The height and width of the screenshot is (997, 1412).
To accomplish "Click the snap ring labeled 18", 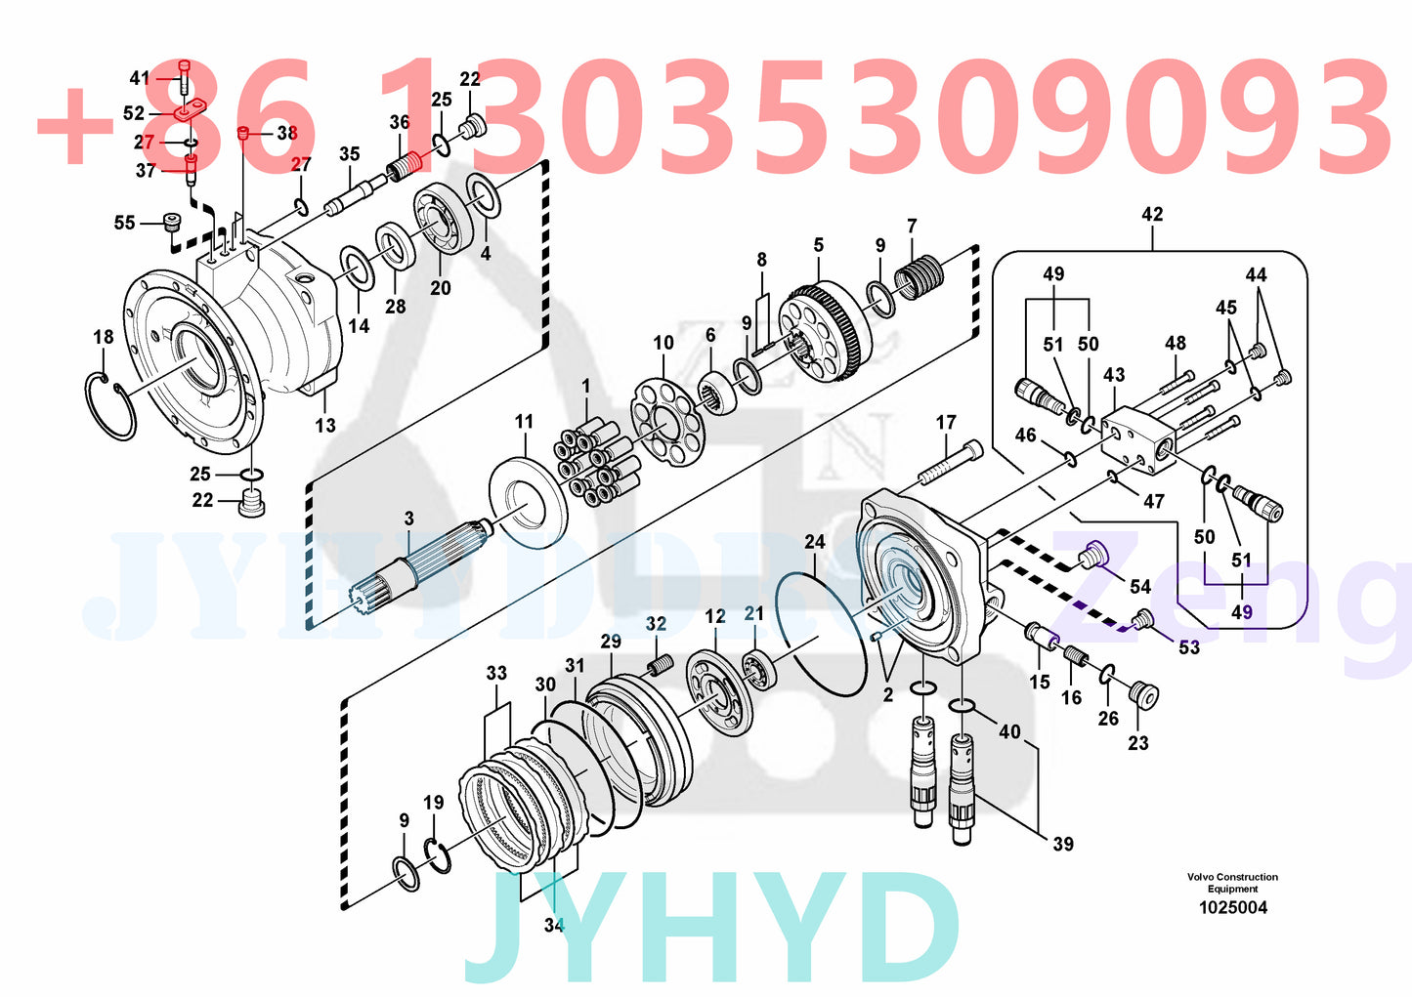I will [x=109, y=405].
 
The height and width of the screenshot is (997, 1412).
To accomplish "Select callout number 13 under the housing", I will [x=325, y=425].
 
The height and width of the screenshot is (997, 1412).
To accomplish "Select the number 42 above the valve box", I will [x=1152, y=214].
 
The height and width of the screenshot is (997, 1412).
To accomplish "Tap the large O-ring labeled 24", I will [x=821, y=634].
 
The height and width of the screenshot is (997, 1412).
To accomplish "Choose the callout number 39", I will [x=1062, y=843].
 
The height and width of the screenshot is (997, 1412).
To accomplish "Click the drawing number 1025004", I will [x=1233, y=907].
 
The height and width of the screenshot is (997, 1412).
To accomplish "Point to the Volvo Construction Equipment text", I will [x=1232, y=883].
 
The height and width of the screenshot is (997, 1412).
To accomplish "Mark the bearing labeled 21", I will [x=758, y=670].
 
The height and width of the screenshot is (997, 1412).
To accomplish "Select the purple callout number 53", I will [x=1188, y=646].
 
